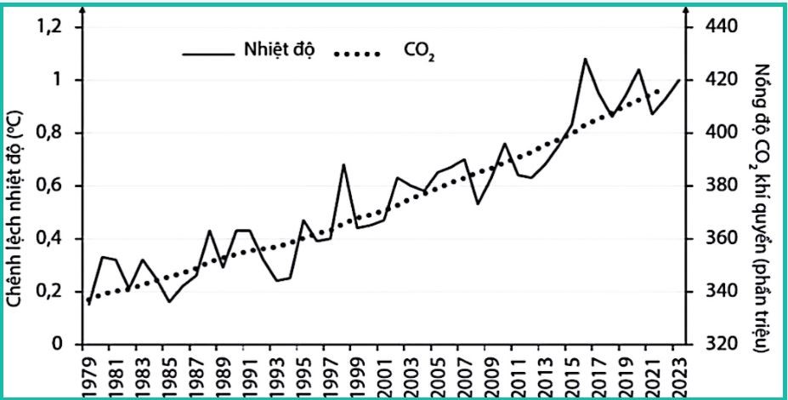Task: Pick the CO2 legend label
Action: click(419, 54)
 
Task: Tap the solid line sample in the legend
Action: click(207, 54)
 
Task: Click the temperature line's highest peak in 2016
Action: click(585, 59)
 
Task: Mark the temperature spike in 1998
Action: click(343, 164)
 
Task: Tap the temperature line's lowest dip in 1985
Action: click(168, 301)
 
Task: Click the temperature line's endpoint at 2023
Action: click(679, 80)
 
